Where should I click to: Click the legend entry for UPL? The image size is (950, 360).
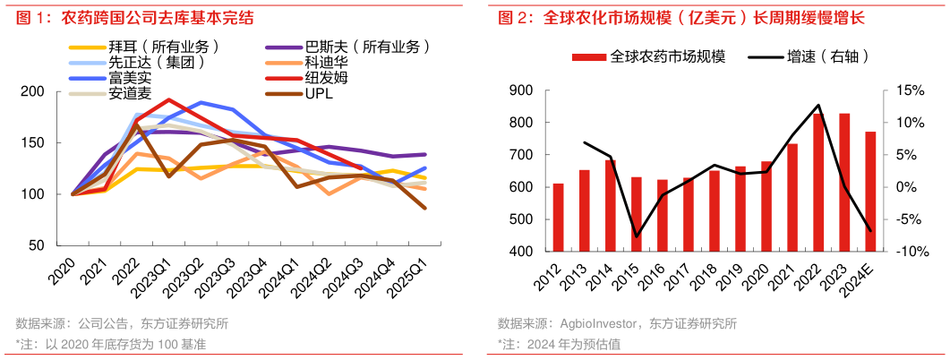point(319,93)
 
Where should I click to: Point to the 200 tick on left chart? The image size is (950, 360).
point(56,91)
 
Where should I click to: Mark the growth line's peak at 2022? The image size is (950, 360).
point(817,106)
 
